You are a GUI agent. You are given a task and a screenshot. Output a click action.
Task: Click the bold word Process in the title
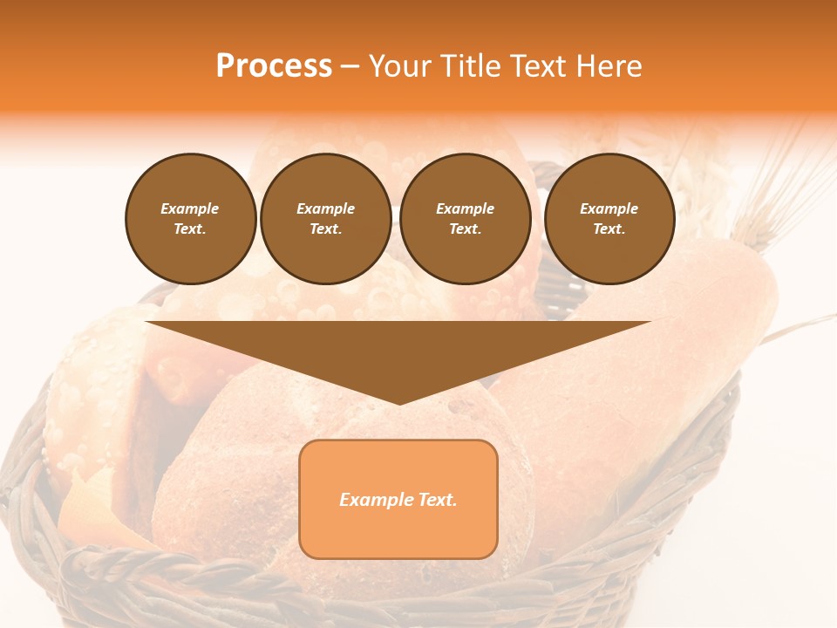[x=274, y=66]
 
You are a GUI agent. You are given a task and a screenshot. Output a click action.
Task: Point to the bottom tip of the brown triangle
[x=398, y=403]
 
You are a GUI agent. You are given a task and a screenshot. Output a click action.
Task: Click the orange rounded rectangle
[x=398, y=532]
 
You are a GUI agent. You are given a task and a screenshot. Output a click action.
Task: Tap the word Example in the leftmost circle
[x=190, y=208]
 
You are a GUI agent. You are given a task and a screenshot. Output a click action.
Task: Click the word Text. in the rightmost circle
[x=609, y=229]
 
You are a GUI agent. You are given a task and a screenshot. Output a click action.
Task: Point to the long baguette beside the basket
[x=663, y=366]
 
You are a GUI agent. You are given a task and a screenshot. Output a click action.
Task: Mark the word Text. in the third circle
[x=465, y=229]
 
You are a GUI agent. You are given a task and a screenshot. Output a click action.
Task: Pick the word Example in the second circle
[x=325, y=208]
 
